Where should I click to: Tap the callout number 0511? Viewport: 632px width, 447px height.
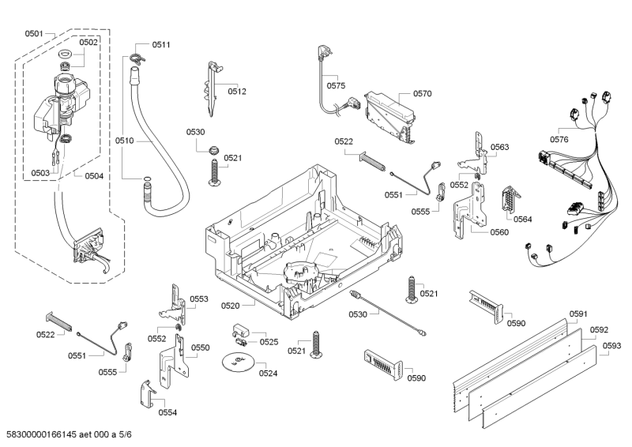coord(161,45)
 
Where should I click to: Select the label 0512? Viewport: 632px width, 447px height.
coord(237,92)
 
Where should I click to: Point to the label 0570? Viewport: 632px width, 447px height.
coord(422,93)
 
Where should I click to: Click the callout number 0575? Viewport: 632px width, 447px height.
coord(336,85)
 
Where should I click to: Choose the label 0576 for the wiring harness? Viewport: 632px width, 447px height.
coord(559,140)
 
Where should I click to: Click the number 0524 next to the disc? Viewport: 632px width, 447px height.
coord(268,373)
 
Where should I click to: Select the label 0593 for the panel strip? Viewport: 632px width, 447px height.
coord(611,345)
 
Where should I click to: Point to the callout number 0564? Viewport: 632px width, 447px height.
coord(522,219)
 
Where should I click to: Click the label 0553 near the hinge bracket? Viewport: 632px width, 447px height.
coord(199,299)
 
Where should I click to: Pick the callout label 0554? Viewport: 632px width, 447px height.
coord(167,412)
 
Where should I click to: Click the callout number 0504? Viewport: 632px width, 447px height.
coord(94,176)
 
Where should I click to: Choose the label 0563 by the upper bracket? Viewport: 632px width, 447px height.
coord(499,148)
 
